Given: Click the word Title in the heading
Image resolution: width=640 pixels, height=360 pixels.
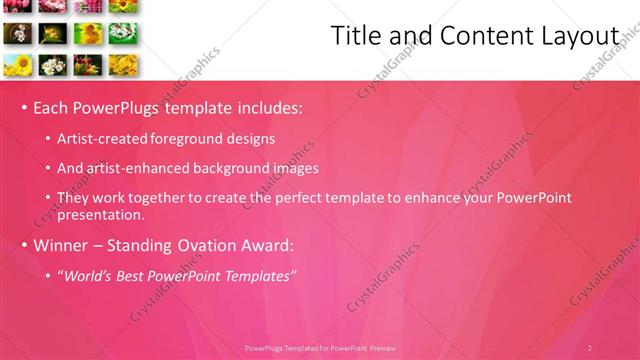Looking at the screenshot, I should [x=355, y=36].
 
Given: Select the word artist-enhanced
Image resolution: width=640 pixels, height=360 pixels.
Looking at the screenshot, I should [x=134, y=168].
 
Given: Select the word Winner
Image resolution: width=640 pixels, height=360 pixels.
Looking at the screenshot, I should [x=62, y=245].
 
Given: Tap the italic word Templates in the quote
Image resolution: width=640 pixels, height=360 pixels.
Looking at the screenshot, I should [x=257, y=276].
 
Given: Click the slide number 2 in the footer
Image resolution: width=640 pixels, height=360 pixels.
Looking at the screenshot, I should [x=589, y=348].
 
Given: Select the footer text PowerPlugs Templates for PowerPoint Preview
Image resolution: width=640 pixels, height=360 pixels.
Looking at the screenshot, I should [x=320, y=348].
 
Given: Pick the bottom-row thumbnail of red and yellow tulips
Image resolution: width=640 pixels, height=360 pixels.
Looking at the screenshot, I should [x=87, y=66].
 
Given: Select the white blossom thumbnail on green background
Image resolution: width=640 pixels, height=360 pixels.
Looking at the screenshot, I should [x=122, y=33].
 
